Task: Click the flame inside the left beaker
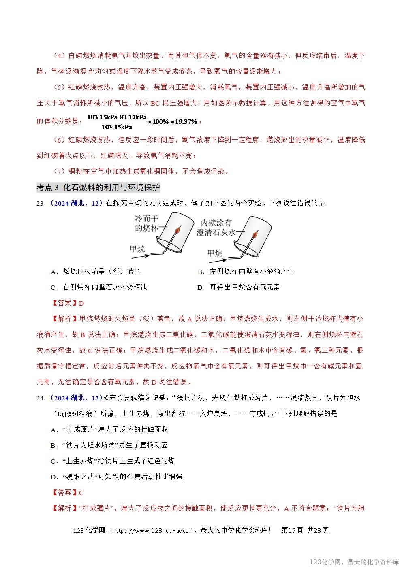point(177,231)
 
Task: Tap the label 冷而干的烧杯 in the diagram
point(146,223)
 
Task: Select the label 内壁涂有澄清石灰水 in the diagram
point(216,228)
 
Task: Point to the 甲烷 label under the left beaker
point(137,248)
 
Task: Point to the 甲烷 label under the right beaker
point(215,253)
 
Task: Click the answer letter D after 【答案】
point(81,303)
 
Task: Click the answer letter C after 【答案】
point(81,493)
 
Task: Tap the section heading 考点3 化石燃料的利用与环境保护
point(98,187)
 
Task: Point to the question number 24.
point(41,398)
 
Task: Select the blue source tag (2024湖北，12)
point(76,203)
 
